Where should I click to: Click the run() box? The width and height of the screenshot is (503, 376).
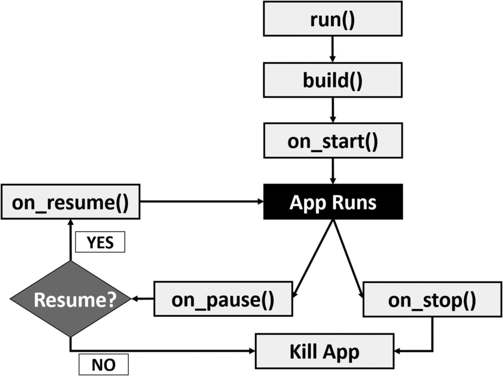(333, 19)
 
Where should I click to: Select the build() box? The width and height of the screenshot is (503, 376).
(333, 80)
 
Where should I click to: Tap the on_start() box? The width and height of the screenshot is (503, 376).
(333, 141)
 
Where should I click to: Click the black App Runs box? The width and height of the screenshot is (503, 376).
(333, 202)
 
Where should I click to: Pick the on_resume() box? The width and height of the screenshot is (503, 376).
(70, 202)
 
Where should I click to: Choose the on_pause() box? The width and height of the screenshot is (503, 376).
(223, 299)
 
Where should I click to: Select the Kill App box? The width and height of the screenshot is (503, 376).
(324, 351)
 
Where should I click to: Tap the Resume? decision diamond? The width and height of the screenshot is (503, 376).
(70, 299)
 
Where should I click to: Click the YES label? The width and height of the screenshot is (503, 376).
(100, 242)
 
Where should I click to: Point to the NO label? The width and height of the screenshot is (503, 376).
(103, 364)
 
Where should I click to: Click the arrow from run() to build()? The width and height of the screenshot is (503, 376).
(333, 49)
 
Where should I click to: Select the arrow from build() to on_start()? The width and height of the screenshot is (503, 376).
(333, 110)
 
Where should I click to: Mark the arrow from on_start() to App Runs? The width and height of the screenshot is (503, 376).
(333, 171)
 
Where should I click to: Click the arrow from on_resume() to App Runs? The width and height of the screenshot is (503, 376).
(201, 202)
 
